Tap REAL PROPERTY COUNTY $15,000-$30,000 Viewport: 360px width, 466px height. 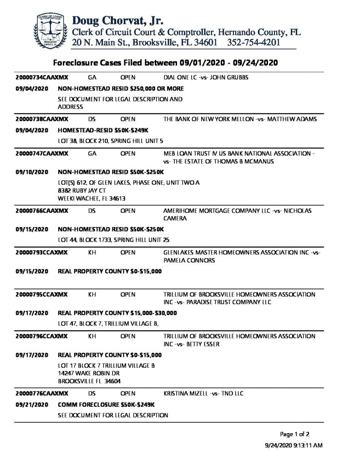pos(117,313)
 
